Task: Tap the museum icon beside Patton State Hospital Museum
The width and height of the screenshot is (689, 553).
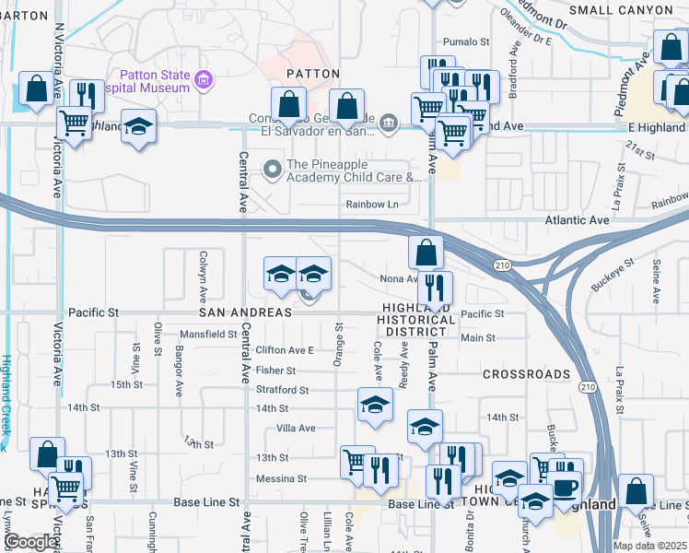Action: click(x=204, y=82)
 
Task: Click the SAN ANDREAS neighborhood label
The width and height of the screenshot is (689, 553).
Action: click(x=247, y=312)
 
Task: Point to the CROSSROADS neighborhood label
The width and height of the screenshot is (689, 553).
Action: click(x=527, y=375)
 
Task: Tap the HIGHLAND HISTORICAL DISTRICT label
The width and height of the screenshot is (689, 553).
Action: click(x=416, y=320)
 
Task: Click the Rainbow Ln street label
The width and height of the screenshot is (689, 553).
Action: click(x=372, y=205)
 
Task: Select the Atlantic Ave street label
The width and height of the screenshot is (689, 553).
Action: click(x=578, y=220)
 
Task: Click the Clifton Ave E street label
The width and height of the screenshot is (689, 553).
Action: click(x=285, y=350)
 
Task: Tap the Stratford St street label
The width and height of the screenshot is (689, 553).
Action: click(x=282, y=390)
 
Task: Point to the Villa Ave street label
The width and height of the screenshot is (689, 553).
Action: click(x=297, y=429)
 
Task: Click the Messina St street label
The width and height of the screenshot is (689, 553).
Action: click(x=281, y=479)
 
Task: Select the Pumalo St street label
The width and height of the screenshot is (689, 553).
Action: click(x=465, y=41)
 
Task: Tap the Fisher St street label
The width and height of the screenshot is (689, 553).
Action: click(x=276, y=371)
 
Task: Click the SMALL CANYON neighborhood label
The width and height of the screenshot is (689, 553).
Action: click(x=621, y=9)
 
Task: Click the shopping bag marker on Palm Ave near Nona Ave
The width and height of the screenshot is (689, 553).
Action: click(x=426, y=252)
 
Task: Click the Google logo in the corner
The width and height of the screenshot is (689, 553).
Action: click(x=32, y=542)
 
